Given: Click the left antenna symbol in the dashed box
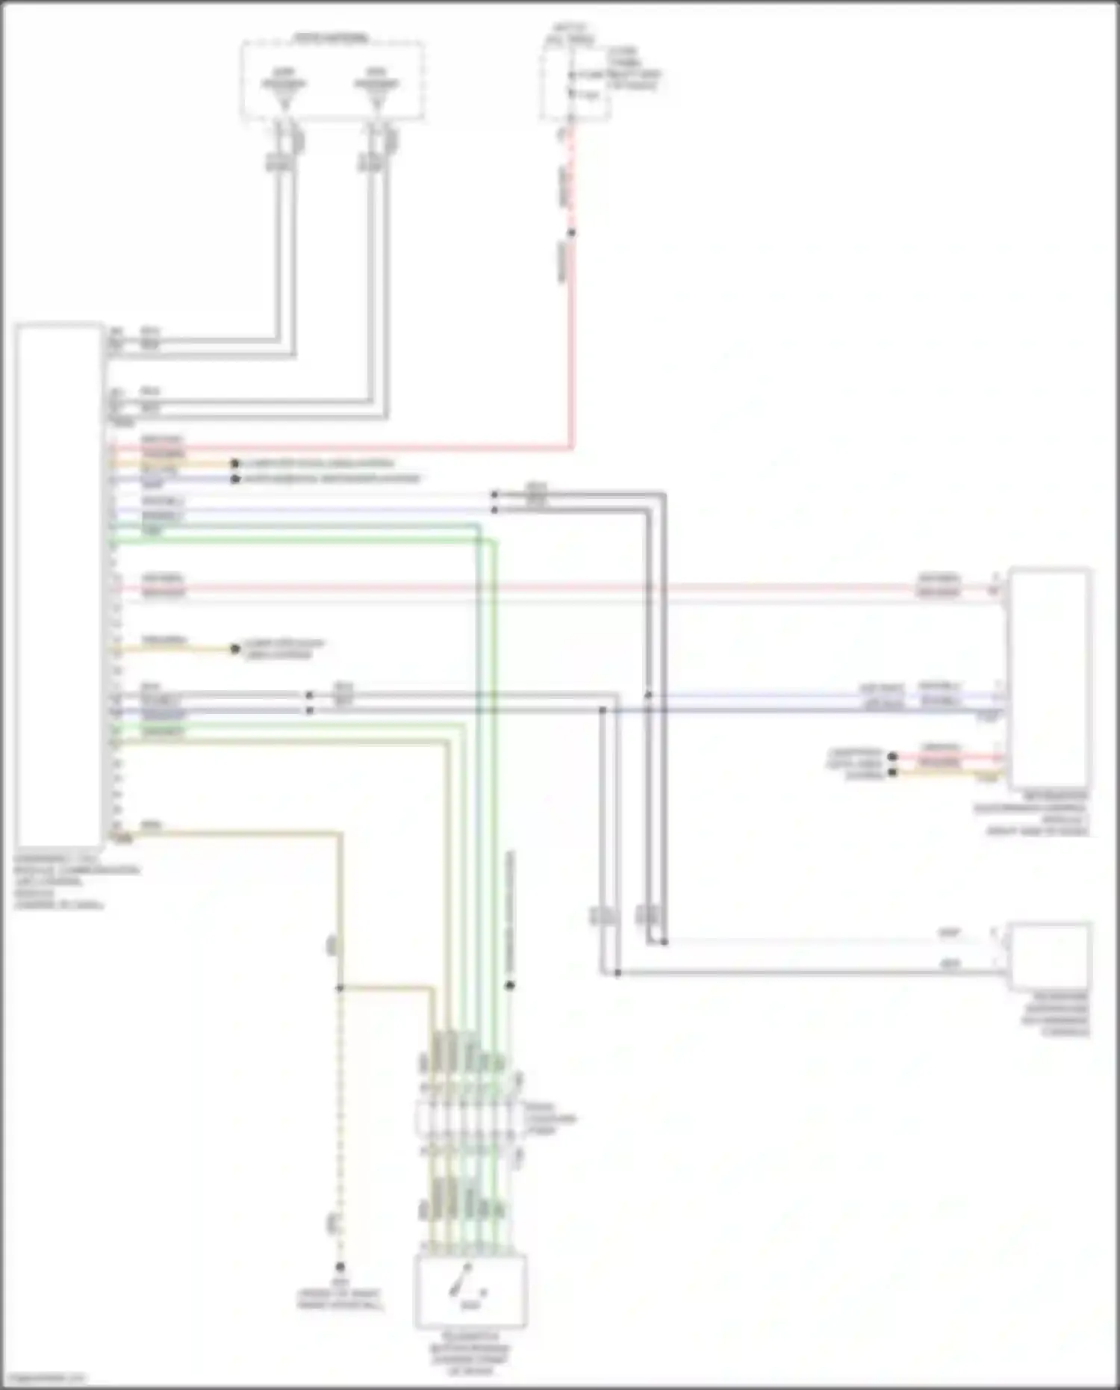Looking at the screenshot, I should pos(284,90).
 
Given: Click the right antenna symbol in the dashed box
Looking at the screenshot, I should pos(376,90).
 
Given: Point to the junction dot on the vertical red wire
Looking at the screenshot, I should pos(572,233).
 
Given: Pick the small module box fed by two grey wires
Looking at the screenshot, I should pos(1048,957).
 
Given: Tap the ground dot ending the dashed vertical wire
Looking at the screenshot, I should pos(340,1267).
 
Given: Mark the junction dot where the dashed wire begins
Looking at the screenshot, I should pos(340,987).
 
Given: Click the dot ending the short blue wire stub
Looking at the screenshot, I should pos(235,479).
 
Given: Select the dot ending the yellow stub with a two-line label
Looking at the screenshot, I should pos(235,648).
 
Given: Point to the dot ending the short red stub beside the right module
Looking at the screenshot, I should pos(892,757).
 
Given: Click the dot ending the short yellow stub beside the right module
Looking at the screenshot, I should pos(892,772).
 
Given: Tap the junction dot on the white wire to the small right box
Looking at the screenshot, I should pos(664,942).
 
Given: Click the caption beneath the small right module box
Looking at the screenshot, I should pos(1056,1014).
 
